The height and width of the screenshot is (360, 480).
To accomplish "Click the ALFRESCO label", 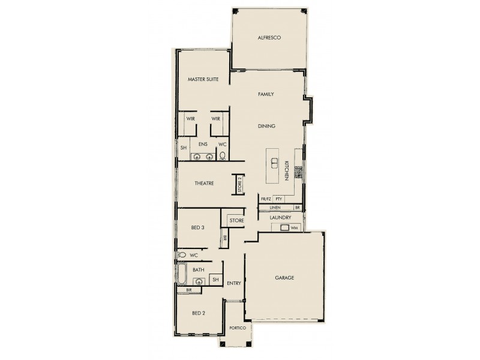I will (x=269, y=38).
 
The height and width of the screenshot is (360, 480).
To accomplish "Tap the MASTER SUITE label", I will (x=202, y=79).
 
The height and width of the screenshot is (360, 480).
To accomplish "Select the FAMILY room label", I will (x=266, y=95).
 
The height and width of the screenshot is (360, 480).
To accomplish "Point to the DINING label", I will (x=266, y=127).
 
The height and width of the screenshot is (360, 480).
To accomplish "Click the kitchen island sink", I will (x=274, y=161).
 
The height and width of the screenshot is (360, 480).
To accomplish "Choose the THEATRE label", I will (x=205, y=184).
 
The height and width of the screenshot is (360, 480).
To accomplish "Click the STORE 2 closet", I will (x=238, y=184).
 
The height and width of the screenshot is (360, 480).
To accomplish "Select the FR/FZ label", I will (x=266, y=199).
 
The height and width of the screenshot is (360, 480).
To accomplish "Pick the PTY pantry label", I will (x=278, y=199).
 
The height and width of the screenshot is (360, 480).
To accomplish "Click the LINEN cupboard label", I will (x=275, y=207).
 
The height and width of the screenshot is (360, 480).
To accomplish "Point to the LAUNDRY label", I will (x=280, y=217).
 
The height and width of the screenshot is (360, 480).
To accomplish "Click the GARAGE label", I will (x=284, y=278).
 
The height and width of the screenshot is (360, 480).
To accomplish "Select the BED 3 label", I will (x=199, y=227).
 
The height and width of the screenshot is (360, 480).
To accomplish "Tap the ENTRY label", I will (x=233, y=284).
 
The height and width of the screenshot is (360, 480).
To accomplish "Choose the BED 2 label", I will (x=199, y=313).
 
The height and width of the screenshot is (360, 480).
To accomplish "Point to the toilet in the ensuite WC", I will (x=223, y=156).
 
